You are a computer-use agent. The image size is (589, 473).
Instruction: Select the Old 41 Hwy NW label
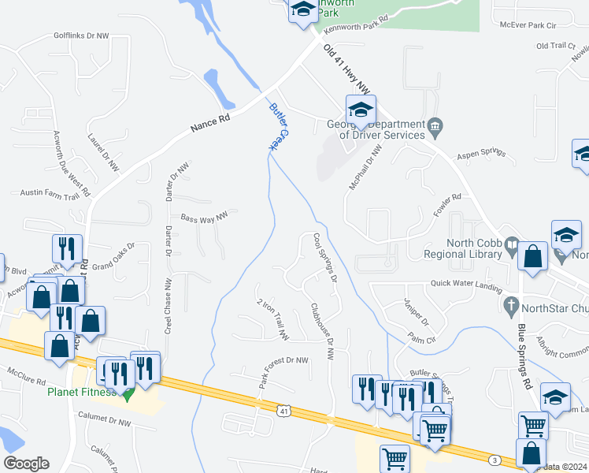346,69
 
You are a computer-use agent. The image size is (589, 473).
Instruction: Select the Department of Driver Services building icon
434,125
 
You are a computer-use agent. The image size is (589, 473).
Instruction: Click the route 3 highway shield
494,460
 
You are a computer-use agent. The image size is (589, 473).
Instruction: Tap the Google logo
26,464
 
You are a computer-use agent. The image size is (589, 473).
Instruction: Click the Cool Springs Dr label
324,257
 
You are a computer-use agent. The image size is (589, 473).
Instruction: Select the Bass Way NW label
204,217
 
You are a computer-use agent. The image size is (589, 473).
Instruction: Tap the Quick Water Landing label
466,285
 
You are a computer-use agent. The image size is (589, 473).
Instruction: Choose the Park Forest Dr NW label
284,371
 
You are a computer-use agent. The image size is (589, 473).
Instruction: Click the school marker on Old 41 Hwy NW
361,110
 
